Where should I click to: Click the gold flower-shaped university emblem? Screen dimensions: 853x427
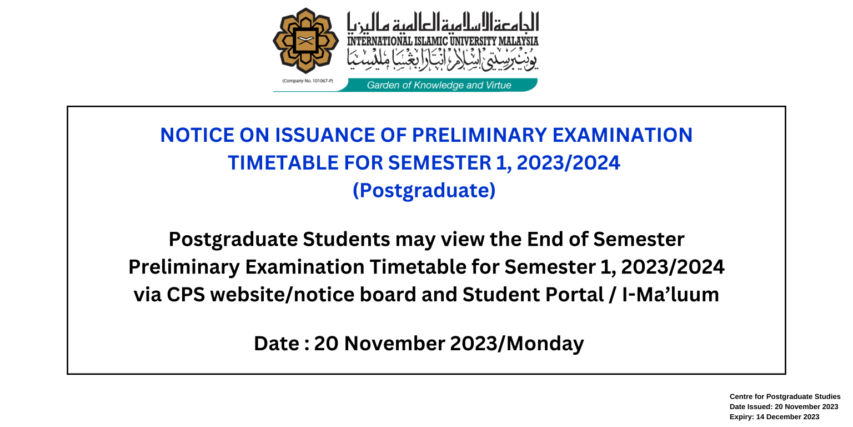click(305, 41)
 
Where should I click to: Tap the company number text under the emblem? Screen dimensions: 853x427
click(308, 81)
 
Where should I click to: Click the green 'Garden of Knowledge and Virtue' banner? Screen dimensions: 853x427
click(439, 85)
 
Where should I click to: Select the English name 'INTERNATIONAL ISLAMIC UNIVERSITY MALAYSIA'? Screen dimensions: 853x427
click(443, 41)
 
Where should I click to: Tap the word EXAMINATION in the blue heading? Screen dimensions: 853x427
click(622, 135)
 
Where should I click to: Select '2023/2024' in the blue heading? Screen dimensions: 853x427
click(569, 163)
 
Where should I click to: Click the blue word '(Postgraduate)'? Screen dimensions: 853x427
click(424, 190)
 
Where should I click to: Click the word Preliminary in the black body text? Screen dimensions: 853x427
click(184, 266)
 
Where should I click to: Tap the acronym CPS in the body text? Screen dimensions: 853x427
click(186, 294)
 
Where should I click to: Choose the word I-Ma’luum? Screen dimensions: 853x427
click(671, 294)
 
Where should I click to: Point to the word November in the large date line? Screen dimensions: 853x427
click(394, 343)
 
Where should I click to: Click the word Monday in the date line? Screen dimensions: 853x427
click(545, 344)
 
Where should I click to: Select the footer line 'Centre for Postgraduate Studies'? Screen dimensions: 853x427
click(785, 396)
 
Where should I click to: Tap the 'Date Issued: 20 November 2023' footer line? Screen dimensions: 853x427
click(784, 407)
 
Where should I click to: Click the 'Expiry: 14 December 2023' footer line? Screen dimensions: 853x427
click(774, 417)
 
